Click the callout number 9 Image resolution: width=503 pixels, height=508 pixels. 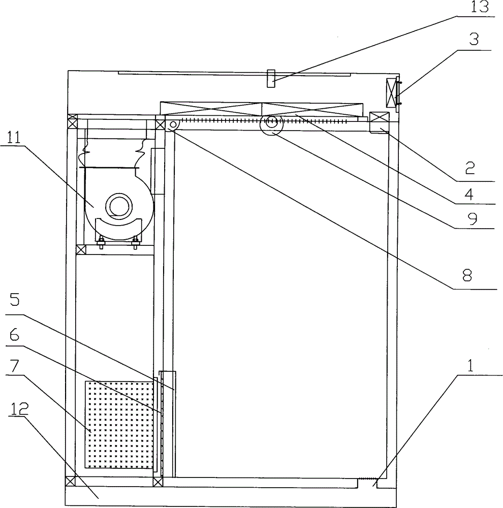click(471, 218)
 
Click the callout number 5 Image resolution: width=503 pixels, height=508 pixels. click(14, 301)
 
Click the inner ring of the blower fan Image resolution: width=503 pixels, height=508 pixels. click(119, 206)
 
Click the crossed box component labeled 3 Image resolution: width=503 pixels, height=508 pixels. click(391, 93)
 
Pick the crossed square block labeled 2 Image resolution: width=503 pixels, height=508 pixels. click(379, 121)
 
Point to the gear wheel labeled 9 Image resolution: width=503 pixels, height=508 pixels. click(271, 123)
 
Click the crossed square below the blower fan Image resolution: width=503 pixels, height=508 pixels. click(80, 250)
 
